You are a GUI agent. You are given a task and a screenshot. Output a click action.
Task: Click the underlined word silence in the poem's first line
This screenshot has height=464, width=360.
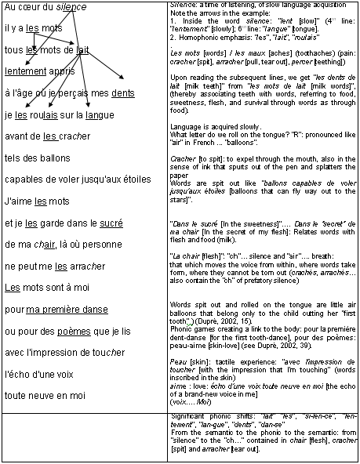coord(71,7)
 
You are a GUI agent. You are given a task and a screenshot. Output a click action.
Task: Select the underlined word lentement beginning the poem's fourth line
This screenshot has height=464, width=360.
coord(25,71)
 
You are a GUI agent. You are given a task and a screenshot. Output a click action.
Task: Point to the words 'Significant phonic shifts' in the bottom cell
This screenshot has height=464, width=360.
coord(201,413)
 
